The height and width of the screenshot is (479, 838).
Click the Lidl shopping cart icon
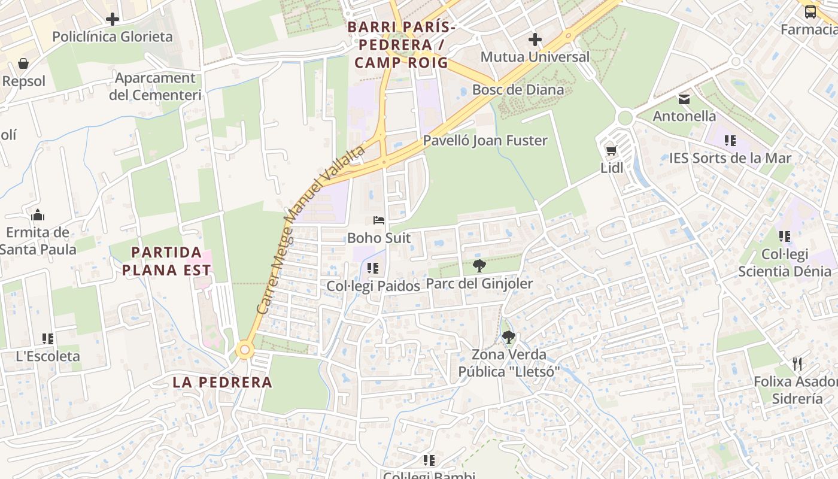[611, 151]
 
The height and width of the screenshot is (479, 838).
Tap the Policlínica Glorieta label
[112, 37]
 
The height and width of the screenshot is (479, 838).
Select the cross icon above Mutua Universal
[535, 40]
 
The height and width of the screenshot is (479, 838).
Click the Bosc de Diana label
[518, 90]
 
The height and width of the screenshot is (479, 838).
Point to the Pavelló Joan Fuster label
[485, 141]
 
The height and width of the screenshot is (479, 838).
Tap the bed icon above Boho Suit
[379, 220]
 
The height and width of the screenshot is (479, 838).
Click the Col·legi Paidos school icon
[373, 268]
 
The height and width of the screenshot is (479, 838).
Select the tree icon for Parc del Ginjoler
[479, 266]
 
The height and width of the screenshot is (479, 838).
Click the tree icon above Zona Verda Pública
[509, 337]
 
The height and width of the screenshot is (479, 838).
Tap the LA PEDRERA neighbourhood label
[222, 382]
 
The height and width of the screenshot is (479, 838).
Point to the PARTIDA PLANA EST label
[166, 261]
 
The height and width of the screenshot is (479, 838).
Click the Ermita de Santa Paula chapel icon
[38, 215]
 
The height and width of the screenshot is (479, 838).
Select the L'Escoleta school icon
[47, 339]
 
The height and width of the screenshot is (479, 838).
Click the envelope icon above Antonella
[684, 99]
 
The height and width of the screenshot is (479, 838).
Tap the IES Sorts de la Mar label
[730, 159]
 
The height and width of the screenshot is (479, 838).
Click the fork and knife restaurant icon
[797, 363]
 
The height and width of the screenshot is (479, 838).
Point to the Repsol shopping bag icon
[23, 63]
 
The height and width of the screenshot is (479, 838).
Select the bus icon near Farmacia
[810, 11]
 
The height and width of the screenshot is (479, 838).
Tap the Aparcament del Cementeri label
[155, 86]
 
